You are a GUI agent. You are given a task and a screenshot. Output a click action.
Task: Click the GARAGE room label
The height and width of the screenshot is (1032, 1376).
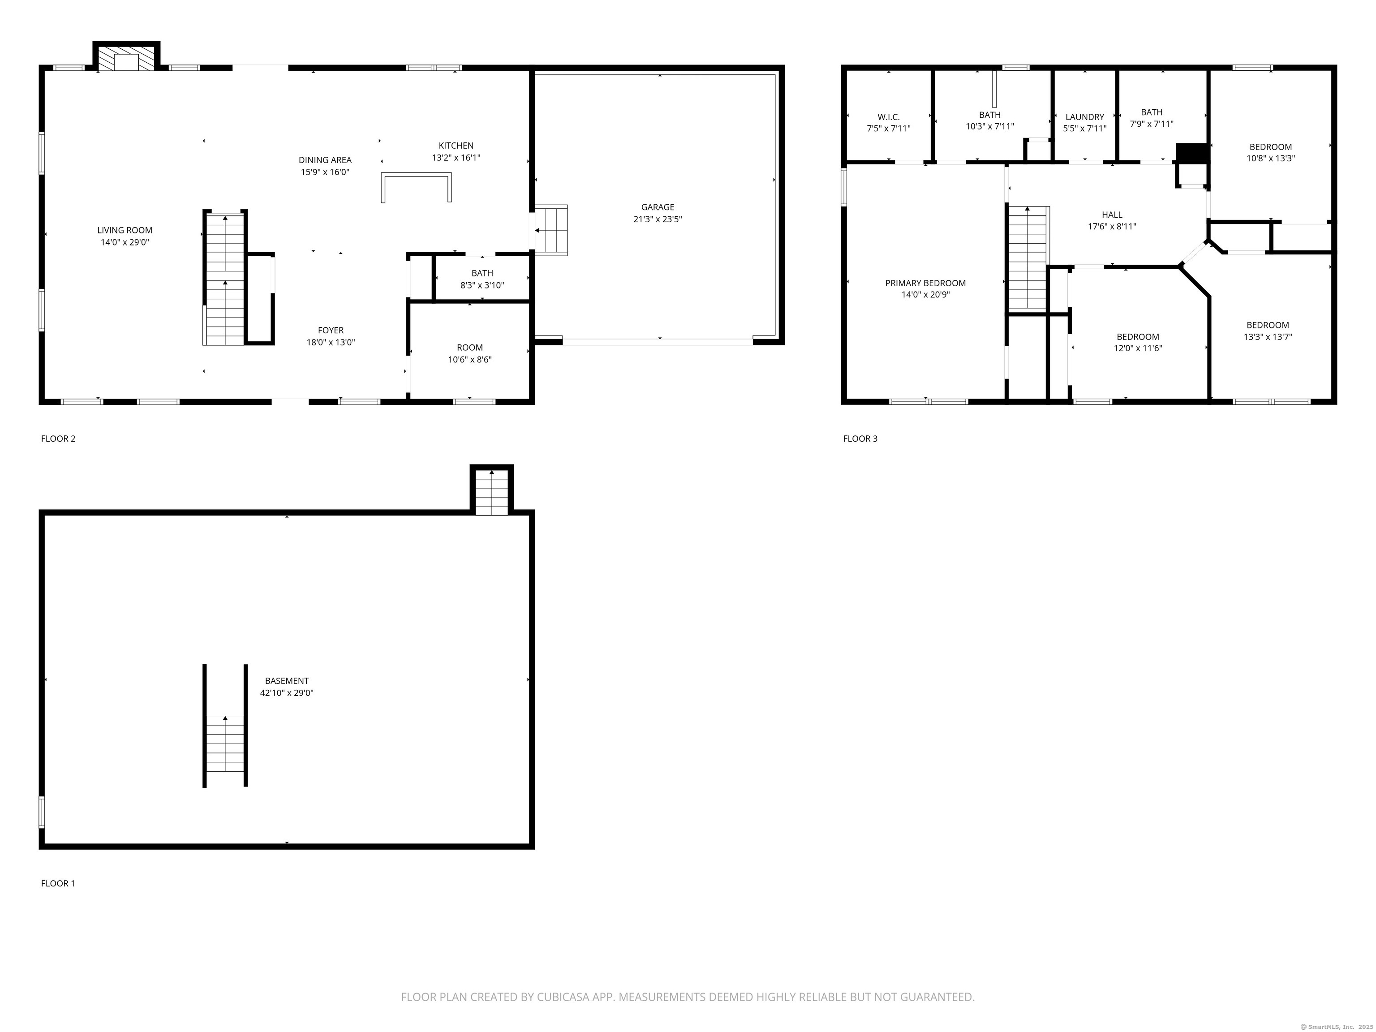(658, 207)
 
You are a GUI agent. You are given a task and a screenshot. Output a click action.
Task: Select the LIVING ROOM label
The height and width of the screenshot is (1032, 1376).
(125, 230)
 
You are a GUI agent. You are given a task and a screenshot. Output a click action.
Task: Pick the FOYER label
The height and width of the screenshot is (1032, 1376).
(330, 330)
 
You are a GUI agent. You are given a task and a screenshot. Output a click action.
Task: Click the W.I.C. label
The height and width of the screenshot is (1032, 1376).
(888, 117)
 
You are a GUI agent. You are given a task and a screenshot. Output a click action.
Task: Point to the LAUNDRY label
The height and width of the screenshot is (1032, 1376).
(1085, 117)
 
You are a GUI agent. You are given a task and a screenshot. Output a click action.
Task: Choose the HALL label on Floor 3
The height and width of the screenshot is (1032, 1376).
(1112, 215)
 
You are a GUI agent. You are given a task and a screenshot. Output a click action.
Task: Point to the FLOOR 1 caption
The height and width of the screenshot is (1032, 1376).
(58, 883)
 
